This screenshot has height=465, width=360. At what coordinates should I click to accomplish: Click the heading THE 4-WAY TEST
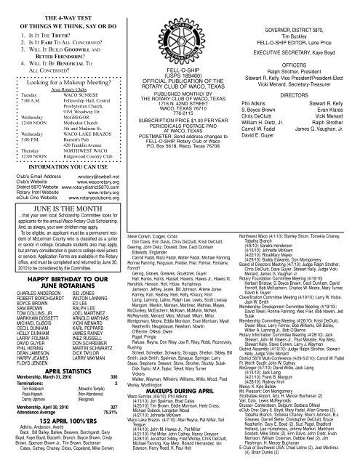point(55,7)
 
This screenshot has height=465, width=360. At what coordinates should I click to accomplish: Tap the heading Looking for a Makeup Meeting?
point(52,84)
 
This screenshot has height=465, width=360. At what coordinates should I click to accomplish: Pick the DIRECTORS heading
point(295,84)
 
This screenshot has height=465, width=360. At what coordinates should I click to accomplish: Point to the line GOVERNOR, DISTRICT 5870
point(295,9)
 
